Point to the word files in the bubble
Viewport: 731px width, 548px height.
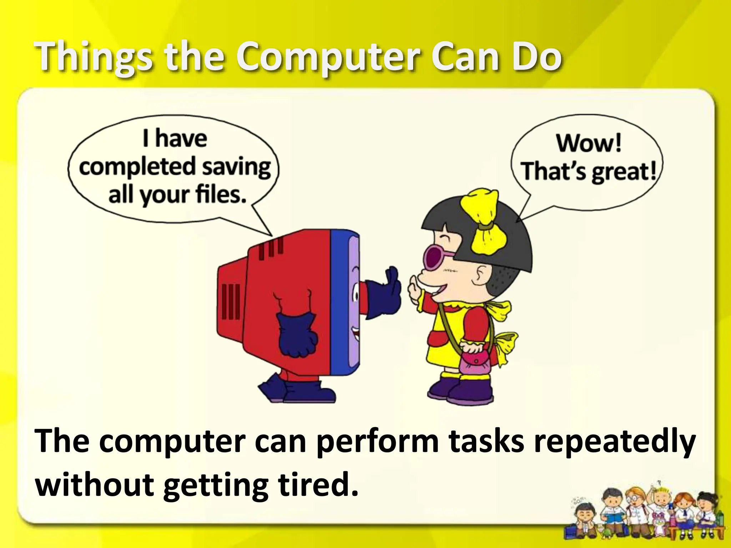click(221, 195)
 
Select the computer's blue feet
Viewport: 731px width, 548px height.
click(296, 391)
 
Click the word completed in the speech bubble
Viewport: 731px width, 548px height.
click(137, 167)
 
